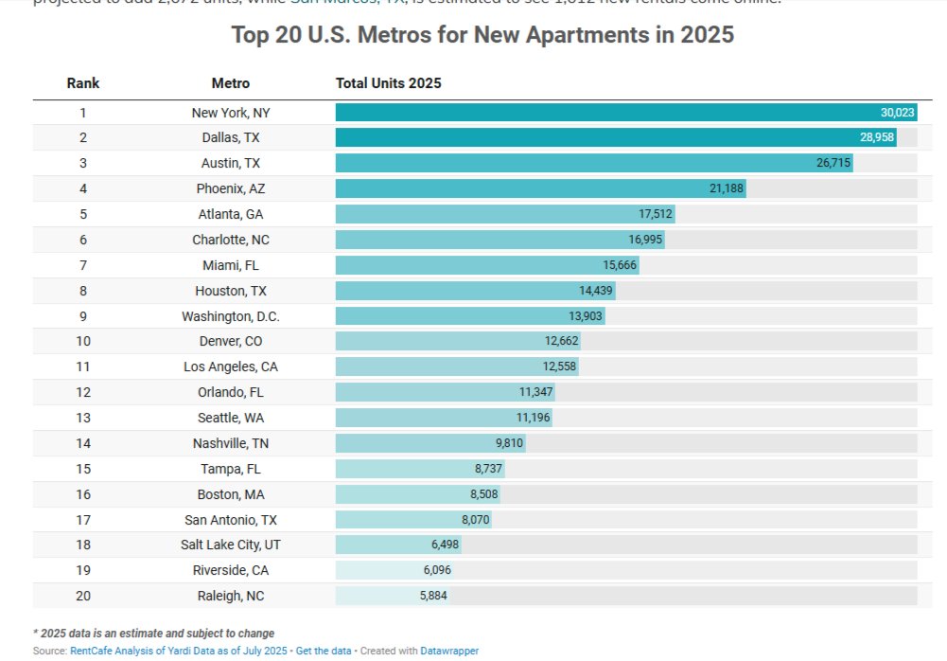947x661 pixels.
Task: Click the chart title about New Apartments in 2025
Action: pos(482,35)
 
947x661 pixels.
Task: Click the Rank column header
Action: pos(83,83)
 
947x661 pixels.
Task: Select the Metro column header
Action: pos(231,83)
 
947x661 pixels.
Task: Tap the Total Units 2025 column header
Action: pos(389,83)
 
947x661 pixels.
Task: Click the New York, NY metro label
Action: pos(231,113)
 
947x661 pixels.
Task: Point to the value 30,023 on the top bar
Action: pos(897,113)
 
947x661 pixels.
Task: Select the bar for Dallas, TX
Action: pos(615,138)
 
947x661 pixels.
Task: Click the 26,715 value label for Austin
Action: pos(833,163)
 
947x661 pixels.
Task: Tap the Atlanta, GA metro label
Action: pos(231,214)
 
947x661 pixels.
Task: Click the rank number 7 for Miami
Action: pos(83,265)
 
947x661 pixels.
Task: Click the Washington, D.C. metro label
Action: pos(231,316)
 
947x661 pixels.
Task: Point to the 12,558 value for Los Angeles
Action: pos(559,366)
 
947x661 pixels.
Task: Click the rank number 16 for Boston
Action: pos(83,493)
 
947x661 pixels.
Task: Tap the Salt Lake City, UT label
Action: pos(231,545)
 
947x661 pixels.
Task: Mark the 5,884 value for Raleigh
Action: pos(433,596)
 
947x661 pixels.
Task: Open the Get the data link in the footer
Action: pos(324,652)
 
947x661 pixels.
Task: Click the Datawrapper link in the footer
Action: pos(449,652)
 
